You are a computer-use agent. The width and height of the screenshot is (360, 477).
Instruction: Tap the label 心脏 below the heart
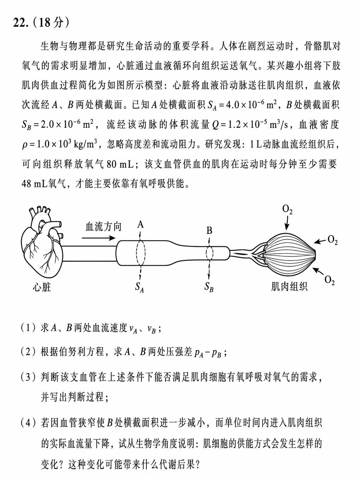[42, 287]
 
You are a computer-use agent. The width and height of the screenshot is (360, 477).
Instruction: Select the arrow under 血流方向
[100, 238]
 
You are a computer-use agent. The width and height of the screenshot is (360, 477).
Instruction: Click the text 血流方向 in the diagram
[103, 226]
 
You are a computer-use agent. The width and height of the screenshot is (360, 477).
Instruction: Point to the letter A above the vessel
[141, 224]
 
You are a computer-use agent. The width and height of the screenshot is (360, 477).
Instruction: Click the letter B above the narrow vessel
[209, 231]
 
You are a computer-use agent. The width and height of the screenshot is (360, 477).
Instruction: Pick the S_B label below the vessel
[209, 287]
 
